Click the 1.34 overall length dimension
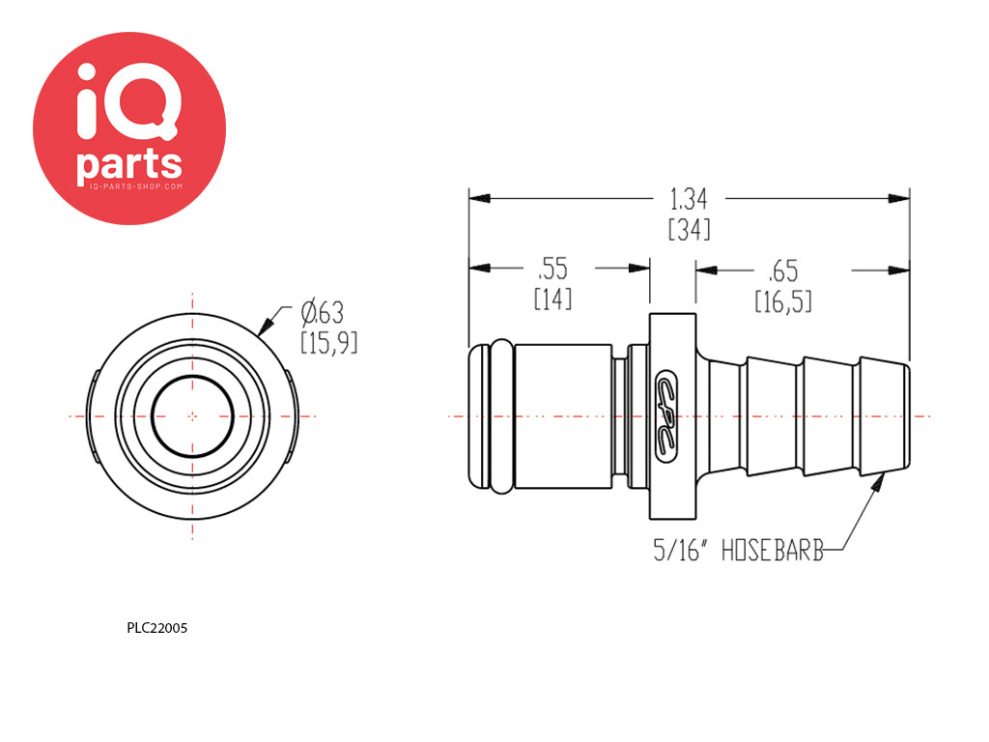tap(688, 199)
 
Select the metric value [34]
tap(689, 229)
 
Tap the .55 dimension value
tap(552, 269)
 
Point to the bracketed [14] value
tap(553, 299)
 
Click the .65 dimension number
tap(782, 271)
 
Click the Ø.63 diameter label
tap(323, 313)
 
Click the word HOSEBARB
tap(773, 551)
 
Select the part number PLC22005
tap(157, 628)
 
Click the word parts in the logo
tap(129, 165)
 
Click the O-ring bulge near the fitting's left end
tap(501, 416)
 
